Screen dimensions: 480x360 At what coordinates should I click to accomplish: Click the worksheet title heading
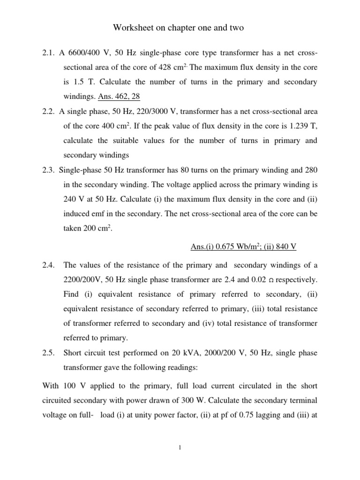click(179, 29)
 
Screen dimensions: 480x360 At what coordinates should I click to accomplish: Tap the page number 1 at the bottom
click(180, 448)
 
